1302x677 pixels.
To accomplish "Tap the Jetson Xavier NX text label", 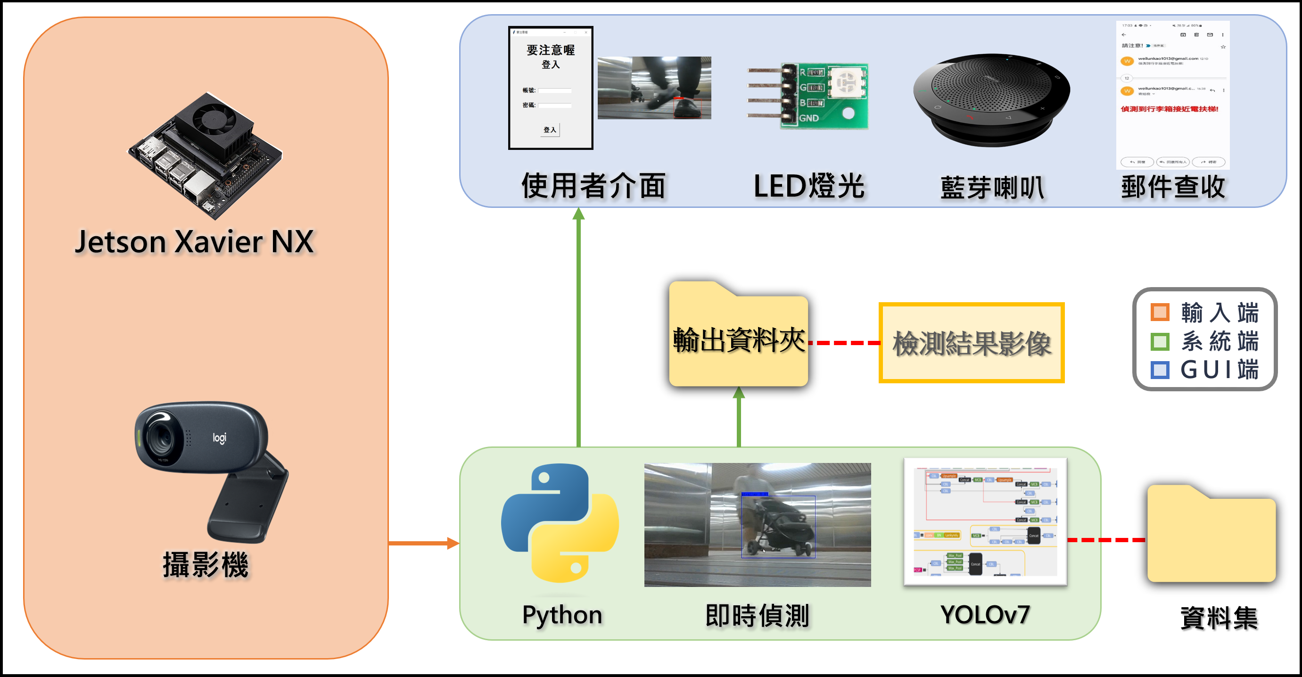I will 195,242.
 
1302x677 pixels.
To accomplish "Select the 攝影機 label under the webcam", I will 205,564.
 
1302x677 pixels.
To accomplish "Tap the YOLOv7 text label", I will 985,615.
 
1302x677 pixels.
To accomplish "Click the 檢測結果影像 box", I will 972,343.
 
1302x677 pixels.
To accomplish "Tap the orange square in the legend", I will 1160,312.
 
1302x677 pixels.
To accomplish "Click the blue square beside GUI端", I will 1160,370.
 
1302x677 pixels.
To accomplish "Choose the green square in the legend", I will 1160,341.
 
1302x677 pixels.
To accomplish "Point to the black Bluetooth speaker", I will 991,99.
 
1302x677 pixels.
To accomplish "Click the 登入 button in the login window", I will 551,130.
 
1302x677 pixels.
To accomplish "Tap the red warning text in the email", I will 1169,109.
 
